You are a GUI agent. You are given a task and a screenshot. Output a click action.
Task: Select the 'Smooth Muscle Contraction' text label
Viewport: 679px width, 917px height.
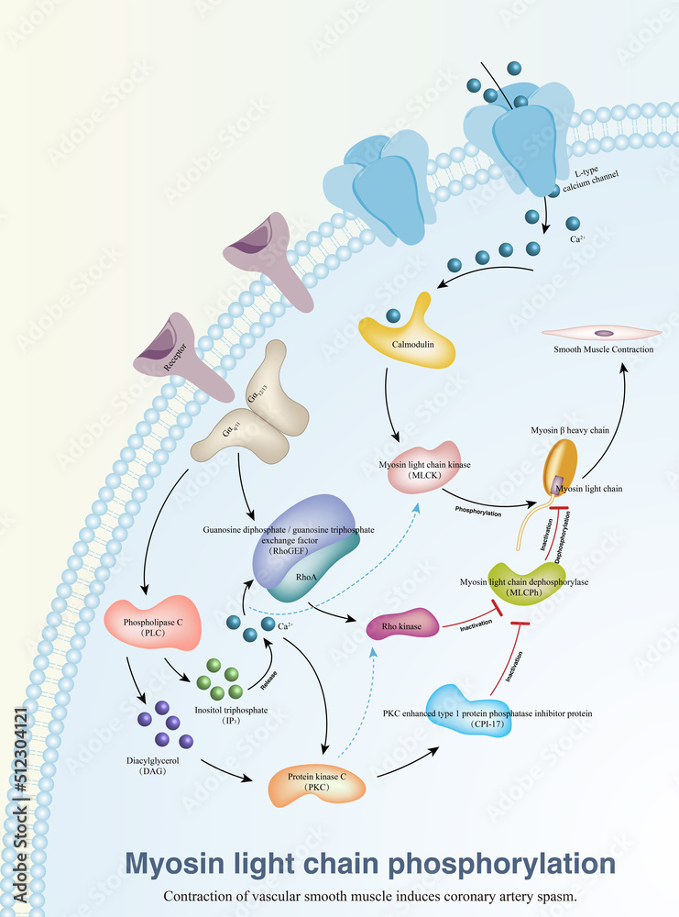click(603, 349)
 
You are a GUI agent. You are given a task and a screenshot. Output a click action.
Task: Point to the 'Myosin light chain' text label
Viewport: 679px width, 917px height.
click(586, 489)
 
